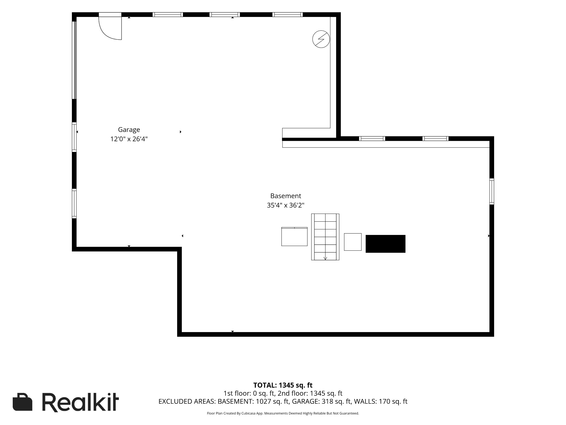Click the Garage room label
tap(129, 130)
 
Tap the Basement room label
tap(285, 196)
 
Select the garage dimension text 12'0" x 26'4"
tap(129, 139)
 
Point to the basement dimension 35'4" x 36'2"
tap(285, 205)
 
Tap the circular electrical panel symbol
tap(321, 39)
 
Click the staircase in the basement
tap(325, 237)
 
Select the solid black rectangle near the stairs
tap(386, 244)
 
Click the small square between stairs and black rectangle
tap(353, 242)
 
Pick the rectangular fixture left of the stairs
tap(294, 237)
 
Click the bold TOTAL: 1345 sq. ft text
tap(283, 385)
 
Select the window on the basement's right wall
tap(492, 191)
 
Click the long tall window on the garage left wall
tap(74, 60)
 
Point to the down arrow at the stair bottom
tap(325, 258)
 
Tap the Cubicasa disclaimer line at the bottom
tap(283, 413)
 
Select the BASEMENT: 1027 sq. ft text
tap(253, 401)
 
